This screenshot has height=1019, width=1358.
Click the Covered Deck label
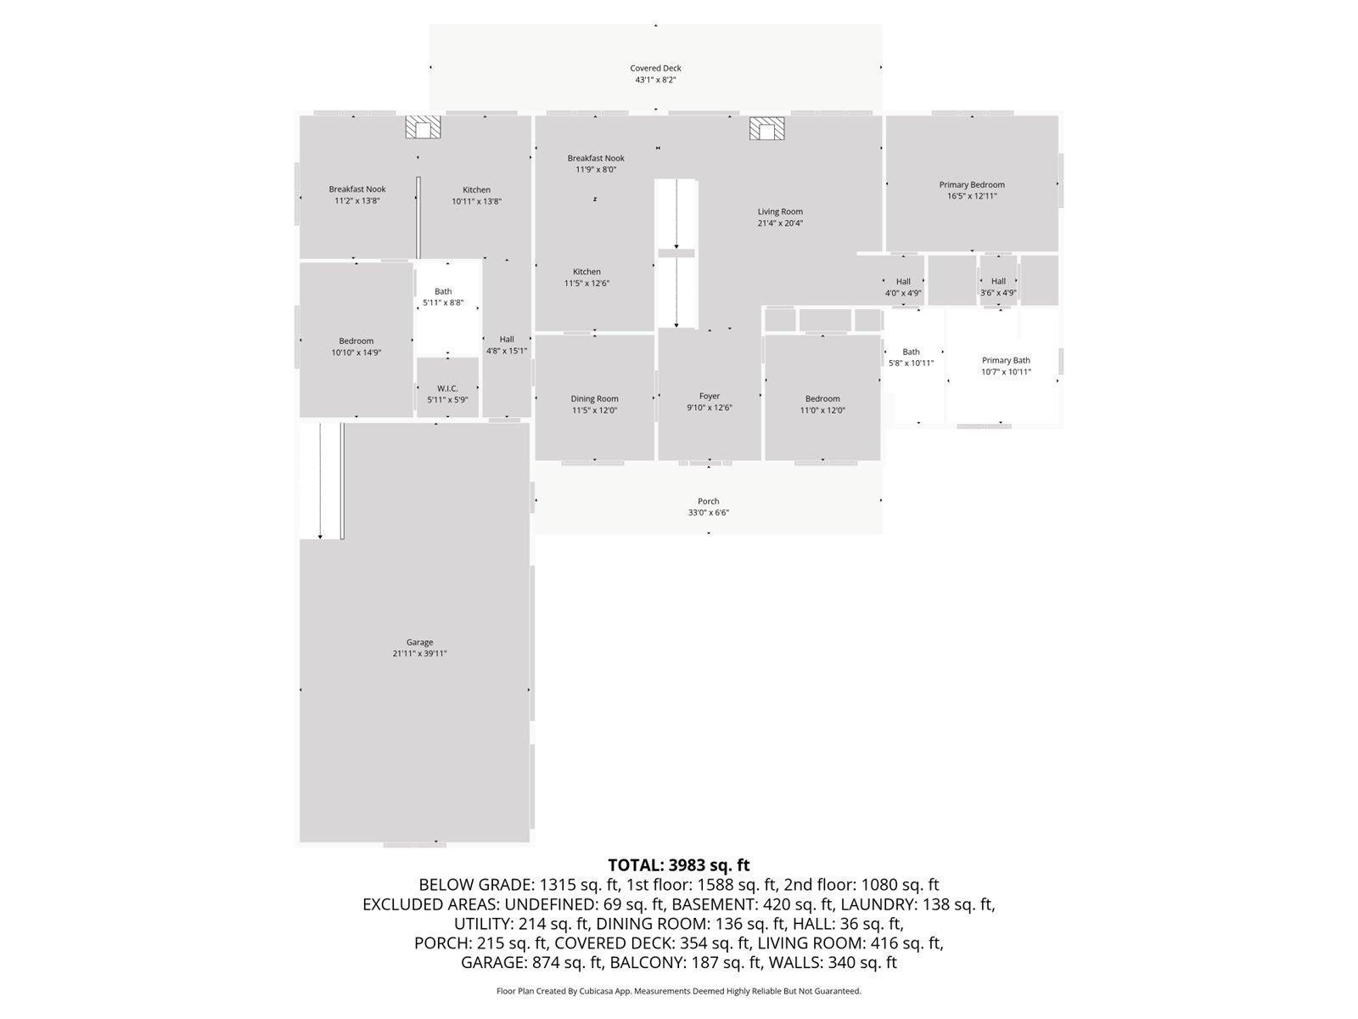click(655, 68)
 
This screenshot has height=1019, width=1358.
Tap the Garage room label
click(419, 642)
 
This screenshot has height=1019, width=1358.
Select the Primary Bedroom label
click(972, 184)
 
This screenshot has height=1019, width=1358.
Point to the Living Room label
click(780, 211)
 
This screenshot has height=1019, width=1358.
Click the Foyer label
click(710, 396)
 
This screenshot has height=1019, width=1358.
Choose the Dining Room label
click(594, 398)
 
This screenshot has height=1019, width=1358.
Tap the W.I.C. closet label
click(447, 388)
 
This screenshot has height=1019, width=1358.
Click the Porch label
click(709, 501)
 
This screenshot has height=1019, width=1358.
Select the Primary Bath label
click(1006, 360)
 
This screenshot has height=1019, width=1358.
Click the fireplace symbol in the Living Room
click(766, 129)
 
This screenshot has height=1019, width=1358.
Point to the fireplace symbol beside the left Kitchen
click(423, 127)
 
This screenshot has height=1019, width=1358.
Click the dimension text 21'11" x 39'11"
click(419, 654)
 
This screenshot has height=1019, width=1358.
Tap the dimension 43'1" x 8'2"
click(655, 80)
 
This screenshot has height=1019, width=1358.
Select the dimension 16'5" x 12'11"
click(972, 196)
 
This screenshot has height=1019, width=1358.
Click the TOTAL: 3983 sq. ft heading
click(678, 865)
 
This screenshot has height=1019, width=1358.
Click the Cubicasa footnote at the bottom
click(678, 991)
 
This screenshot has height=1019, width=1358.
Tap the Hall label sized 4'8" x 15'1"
click(507, 339)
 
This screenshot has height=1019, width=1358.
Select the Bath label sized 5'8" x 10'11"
click(911, 352)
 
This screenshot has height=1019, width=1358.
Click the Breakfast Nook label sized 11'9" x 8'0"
click(596, 158)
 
